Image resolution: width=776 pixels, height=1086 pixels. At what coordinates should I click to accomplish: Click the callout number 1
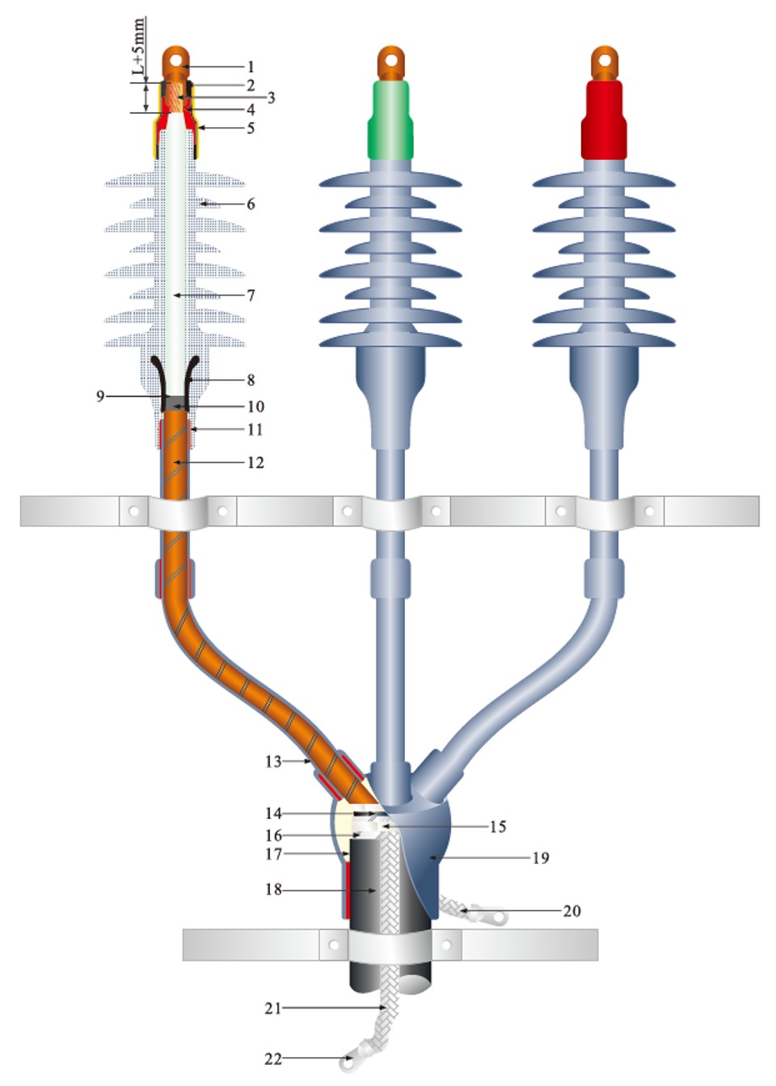pyautogui.click(x=251, y=66)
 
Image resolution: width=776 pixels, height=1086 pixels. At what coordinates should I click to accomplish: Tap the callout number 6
pyautogui.click(x=251, y=204)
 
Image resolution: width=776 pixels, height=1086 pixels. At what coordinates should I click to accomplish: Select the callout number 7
pyautogui.click(x=251, y=295)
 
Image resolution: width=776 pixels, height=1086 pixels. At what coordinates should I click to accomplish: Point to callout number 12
pyautogui.click(x=255, y=462)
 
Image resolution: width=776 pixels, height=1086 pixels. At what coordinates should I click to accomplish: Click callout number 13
pyautogui.click(x=273, y=762)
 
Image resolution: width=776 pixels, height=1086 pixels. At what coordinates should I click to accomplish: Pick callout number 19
pyautogui.click(x=541, y=858)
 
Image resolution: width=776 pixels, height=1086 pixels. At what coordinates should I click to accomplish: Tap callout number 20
pyautogui.click(x=571, y=911)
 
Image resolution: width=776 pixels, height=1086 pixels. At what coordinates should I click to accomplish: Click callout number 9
pyautogui.click(x=100, y=397)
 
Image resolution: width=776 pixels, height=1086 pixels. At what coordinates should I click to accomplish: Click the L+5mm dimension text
pyautogui.click(x=139, y=46)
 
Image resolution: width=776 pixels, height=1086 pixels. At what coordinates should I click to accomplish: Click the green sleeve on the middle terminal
pyautogui.click(x=391, y=120)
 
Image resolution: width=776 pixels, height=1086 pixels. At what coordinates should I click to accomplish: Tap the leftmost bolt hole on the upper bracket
pyautogui.click(x=133, y=511)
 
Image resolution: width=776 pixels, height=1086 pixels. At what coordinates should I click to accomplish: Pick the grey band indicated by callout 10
pyautogui.click(x=175, y=403)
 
